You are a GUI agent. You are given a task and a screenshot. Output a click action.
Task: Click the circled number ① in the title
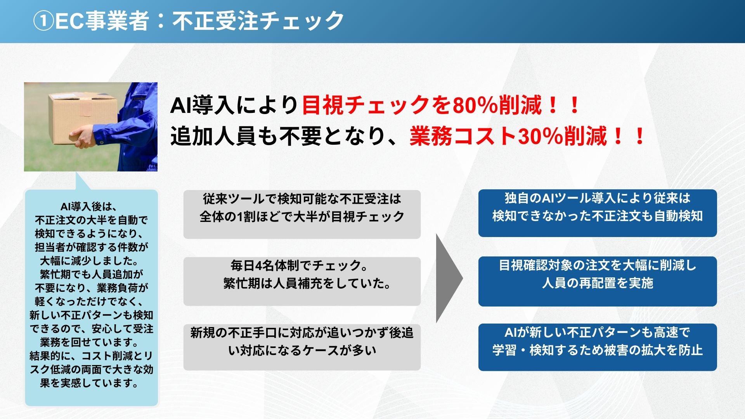pyautogui.click(x=43, y=21)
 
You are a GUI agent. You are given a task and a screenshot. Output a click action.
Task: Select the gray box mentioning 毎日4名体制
pyautogui.click(x=302, y=281)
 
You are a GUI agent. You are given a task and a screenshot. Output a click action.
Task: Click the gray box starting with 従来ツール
pyautogui.click(x=302, y=214)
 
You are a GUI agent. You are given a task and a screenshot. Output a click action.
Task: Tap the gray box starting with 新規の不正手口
pyautogui.click(x=302, y=347)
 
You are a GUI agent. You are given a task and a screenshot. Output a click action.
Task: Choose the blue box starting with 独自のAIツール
pyautogui.click(x=598, y=213)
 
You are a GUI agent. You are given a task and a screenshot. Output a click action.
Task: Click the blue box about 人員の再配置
pyautogui.click(x=598, y=281)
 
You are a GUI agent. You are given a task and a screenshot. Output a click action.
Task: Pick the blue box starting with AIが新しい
pyautogui.click(x=598, y=347)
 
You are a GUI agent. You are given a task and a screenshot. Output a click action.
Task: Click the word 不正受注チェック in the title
pyautogui.click(x=258, y=21)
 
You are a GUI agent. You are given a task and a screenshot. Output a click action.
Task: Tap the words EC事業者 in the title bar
pyautogui.click(x=102, y=21)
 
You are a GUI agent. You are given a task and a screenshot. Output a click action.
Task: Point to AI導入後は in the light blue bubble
pyautogui.click(x=89, y=206)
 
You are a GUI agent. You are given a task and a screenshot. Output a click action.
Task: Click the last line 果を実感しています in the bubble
pyautogui.click(x=90, y=383)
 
